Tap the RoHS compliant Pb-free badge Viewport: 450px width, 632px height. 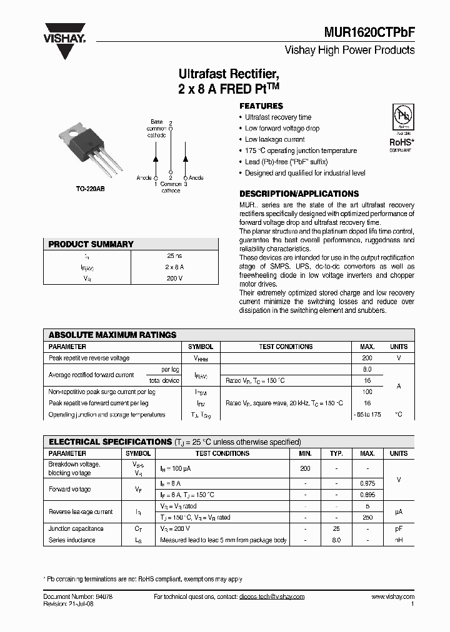click(401, 127)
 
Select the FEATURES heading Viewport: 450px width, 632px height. click(261, 106)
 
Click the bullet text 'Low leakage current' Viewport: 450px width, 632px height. click(274, 139)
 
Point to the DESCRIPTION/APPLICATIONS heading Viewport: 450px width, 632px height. click(299, 194)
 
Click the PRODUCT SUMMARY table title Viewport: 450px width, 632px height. click(91, 244)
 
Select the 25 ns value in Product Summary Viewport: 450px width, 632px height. click(174, 256)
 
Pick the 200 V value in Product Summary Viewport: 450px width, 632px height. click(174, 278)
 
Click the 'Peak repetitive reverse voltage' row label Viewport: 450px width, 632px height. click(89, 358)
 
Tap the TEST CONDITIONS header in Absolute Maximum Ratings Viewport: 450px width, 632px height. click(286, 347)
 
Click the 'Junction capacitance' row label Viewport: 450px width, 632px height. click(76, 529)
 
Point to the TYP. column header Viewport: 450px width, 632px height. click(336, 453)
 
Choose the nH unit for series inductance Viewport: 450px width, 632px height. click(398, 540)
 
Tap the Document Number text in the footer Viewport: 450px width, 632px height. click(77, 597)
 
